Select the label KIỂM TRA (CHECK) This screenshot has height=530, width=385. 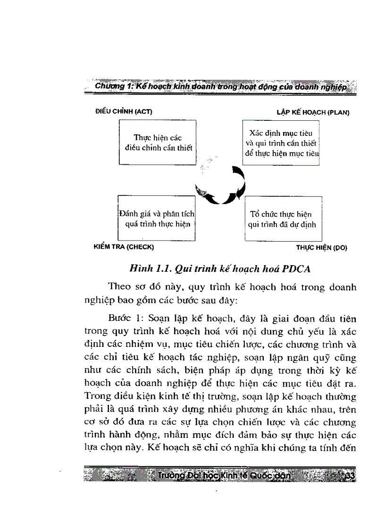coord(125,247)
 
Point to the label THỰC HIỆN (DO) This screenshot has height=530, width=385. coord(321,247)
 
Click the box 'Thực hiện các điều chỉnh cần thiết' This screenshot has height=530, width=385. coord(158,143)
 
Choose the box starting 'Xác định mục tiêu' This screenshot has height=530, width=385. coord(282,143)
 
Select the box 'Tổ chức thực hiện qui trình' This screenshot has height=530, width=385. coord(282,219)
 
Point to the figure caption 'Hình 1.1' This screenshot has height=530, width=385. coord(150,269)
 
